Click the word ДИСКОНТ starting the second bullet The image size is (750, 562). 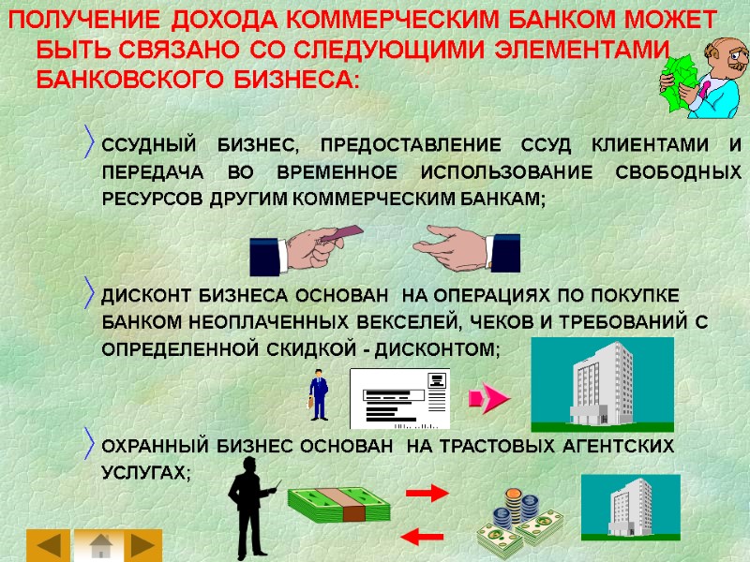click(146, 296)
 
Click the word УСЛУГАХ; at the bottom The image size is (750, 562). click(145, 473)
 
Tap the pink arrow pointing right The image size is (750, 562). click(488, 399)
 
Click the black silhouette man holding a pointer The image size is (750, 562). click(247, 512)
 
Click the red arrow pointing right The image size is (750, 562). click(427, 492)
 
